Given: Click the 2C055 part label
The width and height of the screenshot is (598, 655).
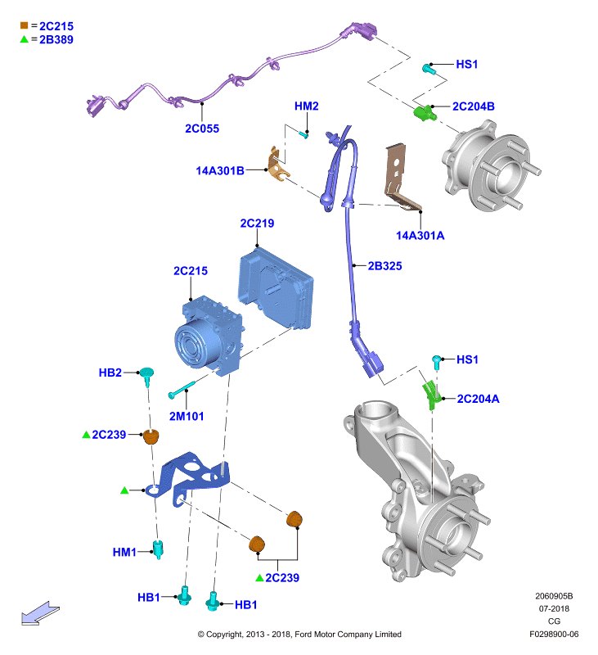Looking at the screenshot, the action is [202, 129].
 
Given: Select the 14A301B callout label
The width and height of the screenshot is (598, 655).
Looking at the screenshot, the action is [220, 171].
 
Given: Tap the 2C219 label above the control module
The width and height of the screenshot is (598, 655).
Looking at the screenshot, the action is [257, 224].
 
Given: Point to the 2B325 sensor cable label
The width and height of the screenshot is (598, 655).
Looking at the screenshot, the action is [384, 266].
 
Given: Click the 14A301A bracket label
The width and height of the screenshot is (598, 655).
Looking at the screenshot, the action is [420, 236].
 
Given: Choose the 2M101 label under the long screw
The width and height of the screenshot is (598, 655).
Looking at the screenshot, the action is [187, 417].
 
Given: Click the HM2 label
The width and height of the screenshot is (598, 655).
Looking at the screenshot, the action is [306, 106].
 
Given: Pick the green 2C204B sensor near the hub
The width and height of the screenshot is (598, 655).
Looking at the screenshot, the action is [425, 113].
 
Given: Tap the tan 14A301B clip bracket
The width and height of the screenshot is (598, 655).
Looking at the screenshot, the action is [277, 165].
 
